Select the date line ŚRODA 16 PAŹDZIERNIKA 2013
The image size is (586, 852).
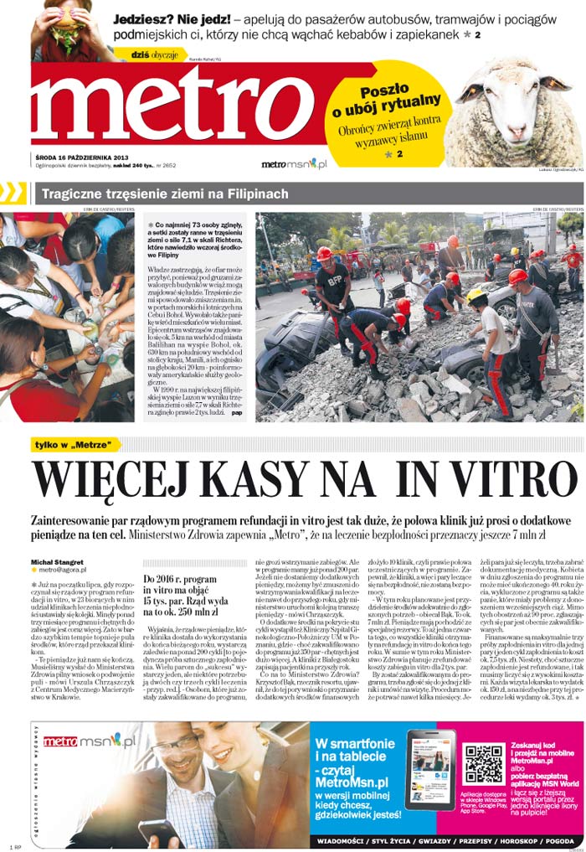[x=81, y=157]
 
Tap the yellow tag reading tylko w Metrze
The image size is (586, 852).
[x=75, y=444]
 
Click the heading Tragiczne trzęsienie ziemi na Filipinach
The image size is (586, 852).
[x=165, y=194]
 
